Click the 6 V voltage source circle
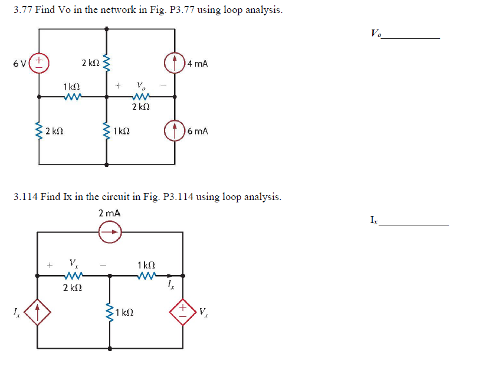tap(40, 62)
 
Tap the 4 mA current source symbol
tap(175, 63)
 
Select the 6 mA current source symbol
tap(175, 130)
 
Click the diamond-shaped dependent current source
tap(38, 311)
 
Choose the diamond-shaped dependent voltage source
tap(183, 311)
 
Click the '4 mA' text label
tap(198, 63)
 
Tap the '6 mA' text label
tap(198, 131)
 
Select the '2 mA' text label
tap(109, 213)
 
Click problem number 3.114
tap(25, 197)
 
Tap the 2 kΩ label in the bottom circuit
tap(72, 287)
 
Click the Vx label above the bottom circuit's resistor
tap(73, 263)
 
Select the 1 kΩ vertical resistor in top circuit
tap(107, 131)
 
